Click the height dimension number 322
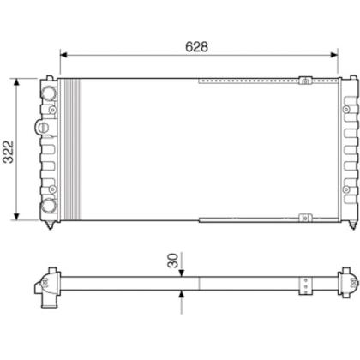point(9,149)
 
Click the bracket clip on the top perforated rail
point(304,82)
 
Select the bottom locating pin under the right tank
point(351,225)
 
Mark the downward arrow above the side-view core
point(181,271)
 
